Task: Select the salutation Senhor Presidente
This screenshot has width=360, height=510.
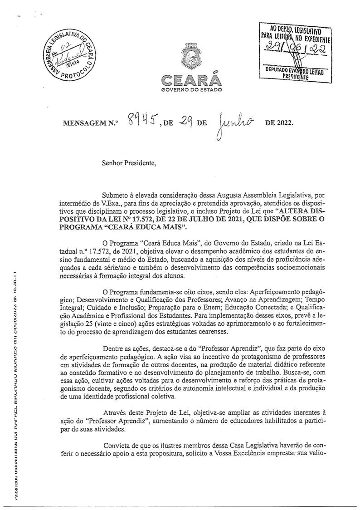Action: (128, 163)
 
